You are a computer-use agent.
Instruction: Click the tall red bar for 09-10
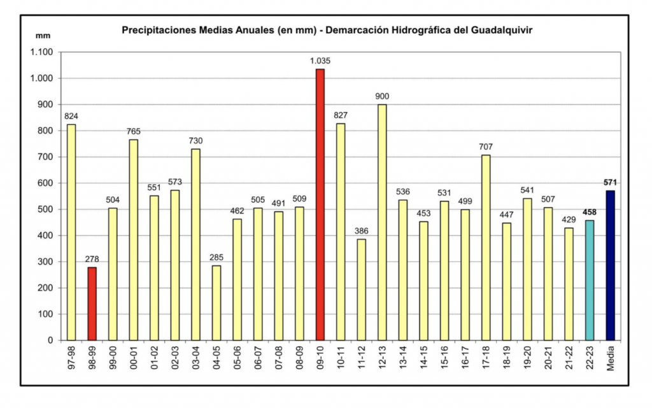pos(320,204)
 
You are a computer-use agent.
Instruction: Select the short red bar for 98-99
pos(92,304)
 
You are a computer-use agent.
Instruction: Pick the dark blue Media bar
pos(610,265)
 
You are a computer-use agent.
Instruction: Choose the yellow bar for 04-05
pos(216,303)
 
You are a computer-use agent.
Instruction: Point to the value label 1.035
pos(320,61)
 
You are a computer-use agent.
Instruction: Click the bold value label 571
pos(611,182)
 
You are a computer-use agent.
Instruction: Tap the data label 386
pos(361,231)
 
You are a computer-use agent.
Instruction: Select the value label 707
pos(486,147)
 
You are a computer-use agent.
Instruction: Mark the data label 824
pos(71,116)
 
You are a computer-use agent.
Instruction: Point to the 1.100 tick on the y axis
pos(42,52)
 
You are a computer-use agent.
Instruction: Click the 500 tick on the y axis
pos(47,209)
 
